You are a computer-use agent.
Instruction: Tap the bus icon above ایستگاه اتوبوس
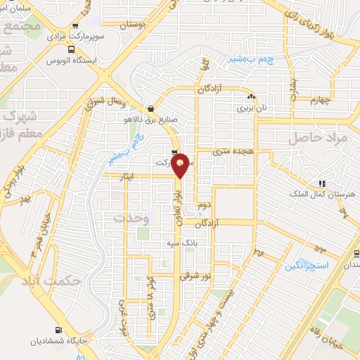pos(71,49)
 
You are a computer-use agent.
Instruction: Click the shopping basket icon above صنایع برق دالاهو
pos(150,108)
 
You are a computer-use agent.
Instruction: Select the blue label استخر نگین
pos(304,266)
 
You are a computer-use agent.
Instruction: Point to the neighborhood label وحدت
pos(131,218)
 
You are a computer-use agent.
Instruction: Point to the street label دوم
pos(205,203)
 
